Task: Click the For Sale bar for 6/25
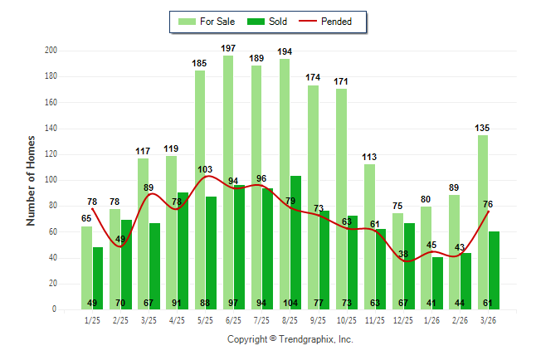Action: pyautogui.click(x=228, y=182)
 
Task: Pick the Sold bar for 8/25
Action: pyautogui.click(x=296, y=241)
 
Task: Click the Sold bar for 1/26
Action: pyautogui.click(x=437, y=282)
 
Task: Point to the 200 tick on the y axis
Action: pyautogui.click(x=51, y=51)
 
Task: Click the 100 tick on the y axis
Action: pyautogui.click(x=51, y=180)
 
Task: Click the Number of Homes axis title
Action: pyautogui.click(x=32, y=180)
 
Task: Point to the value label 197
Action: pyautogui.click(x=228, y=49)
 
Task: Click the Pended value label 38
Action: pyautogui.click(x=404, y=254)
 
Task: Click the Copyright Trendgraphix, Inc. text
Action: pyautogui.click(x=290, y=339)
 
